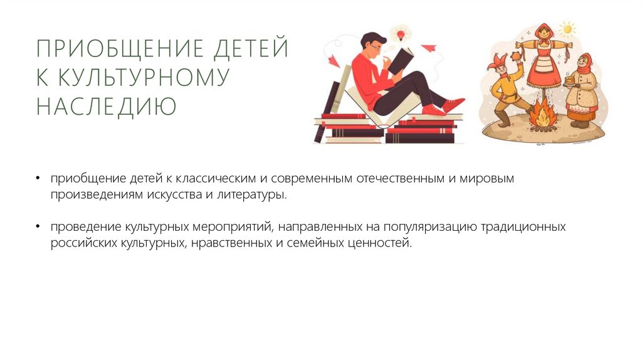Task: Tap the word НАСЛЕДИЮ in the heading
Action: [x=106, y=107]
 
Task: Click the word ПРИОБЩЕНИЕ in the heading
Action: [x=108, y=49]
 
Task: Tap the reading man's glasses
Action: [x=374, y=47]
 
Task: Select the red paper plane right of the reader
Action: [x=428, y=48]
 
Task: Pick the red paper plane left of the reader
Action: [x=333, y=60]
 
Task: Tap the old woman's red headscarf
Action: [x=583, y=63]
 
